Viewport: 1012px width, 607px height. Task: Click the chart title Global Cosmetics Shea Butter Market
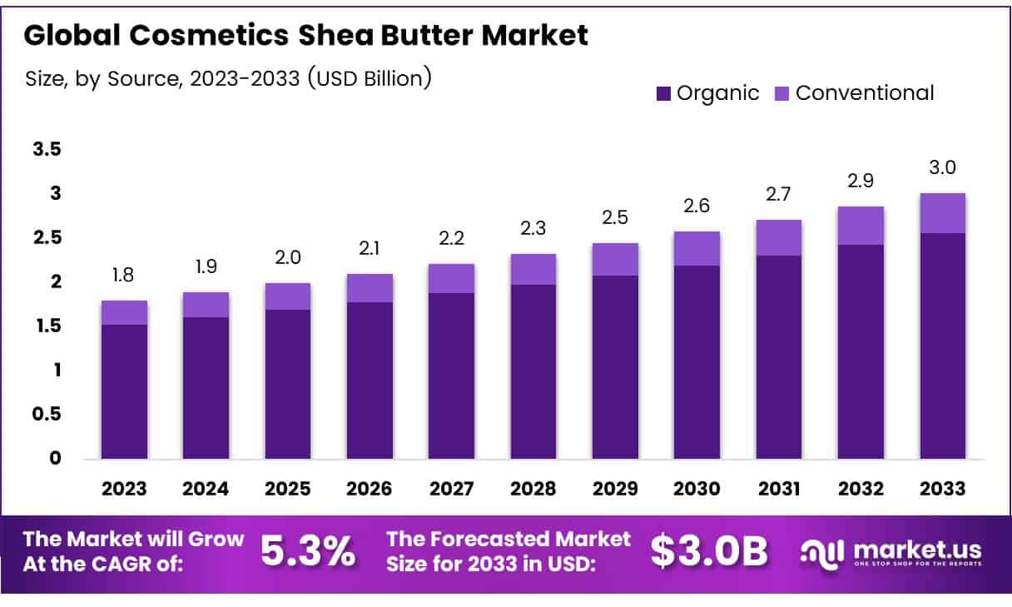[x=306, y=36]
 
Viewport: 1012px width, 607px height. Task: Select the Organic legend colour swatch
[x=663, y=93]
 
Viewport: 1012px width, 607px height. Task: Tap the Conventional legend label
[x=865, y=93]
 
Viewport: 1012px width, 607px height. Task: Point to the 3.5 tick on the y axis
[x=47, y=150]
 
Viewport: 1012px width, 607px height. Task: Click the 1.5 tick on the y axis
[x=47, y=326]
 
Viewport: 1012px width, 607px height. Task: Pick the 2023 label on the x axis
[x=124, y=489]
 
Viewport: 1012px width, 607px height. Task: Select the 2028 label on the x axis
[x=533, y=489]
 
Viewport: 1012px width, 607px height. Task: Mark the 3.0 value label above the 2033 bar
[x=942, y=167]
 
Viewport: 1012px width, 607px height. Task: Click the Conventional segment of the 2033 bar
[x=942, y=213]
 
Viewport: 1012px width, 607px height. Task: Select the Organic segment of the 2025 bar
[x=288, y=384]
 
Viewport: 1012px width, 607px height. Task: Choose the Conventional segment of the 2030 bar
[x=697, y=248]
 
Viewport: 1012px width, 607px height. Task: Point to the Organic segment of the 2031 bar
[x=778, y=356]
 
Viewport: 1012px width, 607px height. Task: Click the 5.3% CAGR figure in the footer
[x=308, y=550]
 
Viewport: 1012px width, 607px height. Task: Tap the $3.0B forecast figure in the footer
[x=709, y=550]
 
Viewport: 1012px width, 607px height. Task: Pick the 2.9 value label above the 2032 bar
[x=861, y=182]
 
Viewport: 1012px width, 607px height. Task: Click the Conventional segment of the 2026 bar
[x=370, y=288]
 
